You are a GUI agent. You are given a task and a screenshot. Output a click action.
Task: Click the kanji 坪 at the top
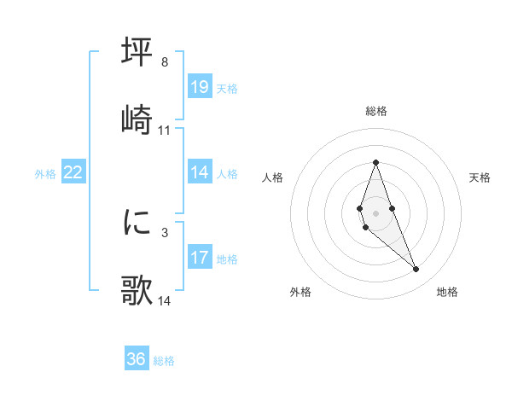pyautogui.click(x=137, y=52)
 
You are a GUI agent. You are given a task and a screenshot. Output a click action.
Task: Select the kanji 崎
pyautogui.click(x=137, y=119)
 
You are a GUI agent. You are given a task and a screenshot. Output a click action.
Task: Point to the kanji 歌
pyautogui.click(x=137, y=290)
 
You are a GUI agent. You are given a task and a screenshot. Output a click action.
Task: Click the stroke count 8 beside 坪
pyautogui.click(x=164, y=62)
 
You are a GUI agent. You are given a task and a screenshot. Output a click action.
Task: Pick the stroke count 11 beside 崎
pyautogui.click(x=165, y=131)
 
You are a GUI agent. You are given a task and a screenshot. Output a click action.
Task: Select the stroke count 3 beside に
pyautogui.click(x=164, y=232)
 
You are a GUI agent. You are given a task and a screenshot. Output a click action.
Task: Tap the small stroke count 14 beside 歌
pyautogui.click(x=165, y=301)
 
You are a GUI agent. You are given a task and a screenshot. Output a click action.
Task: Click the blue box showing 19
pyautogui.click(x=200, y=87)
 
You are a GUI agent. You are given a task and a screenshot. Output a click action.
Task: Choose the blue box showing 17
pyautogui.click(x=200, y=258)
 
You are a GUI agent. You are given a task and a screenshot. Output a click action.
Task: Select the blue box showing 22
pyautogui.click(x=73, y=172)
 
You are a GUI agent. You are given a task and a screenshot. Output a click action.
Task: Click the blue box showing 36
pyautogui.click(x=137, y=359)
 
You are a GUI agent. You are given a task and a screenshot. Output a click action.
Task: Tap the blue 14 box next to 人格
pyautogui.click(x=200, y=172)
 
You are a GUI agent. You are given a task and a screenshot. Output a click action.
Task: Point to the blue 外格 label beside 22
pyautogui.click(x=45, y=174)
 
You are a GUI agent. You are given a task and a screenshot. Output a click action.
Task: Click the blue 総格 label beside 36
pyautogui.click(x=164, y=361)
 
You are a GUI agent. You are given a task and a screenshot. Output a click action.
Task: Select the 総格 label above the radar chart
pyautogui.click(x=375, y=111)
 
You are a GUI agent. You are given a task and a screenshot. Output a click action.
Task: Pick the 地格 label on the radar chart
pyautogui.click(x=447, y=292)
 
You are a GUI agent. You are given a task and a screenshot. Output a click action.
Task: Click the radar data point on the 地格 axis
pyautogui.click(x=416, y=270)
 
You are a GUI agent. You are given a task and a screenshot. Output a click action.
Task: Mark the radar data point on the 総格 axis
pyautogui.click(x=375, y=162)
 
